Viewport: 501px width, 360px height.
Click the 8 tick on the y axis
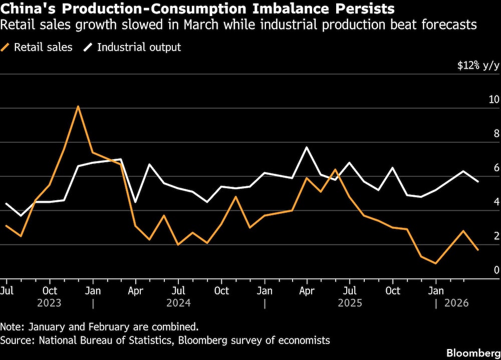click(x=496, y=134)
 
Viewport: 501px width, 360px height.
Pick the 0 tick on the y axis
click(x=496, y=270)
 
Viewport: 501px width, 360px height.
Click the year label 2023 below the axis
click(x=49, y=303)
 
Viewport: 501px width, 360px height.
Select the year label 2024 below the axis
click(x=179, y=303)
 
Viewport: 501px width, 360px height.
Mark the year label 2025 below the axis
click(x=350, y=303)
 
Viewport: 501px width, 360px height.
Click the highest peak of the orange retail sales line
click(x=78, y=106)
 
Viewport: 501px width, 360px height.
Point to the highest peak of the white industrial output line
click(x=307, y=147)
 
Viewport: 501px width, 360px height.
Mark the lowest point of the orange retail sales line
click(x=436, y=263)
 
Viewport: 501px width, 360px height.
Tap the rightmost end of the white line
click(x=478, y=181)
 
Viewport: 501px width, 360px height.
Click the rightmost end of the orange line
click(x=478, y=250)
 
